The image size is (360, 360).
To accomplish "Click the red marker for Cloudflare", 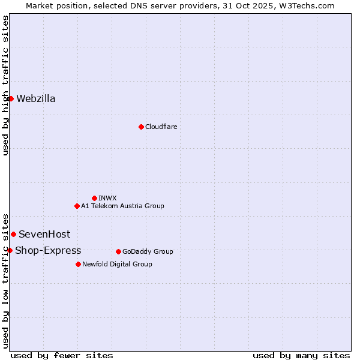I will click(x=141, y=127).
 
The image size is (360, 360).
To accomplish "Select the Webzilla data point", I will click(x=11, y=98).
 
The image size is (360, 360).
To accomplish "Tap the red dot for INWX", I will click(x=94, y=198).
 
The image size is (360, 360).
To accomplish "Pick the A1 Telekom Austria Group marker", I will click(x=77, y=206).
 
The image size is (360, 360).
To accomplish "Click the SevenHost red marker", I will click(x=13, y=234).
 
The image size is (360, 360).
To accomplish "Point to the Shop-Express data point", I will click(x=10, y=250).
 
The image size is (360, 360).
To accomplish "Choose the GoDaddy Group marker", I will click(x=118, y=251).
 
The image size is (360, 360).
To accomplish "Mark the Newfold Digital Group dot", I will click(x=78, y=264).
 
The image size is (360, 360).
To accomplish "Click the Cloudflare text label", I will click(x=161, y=127).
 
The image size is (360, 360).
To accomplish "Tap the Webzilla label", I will click(x=36, y=98).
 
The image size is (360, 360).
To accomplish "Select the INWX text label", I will click(x=107, y=198).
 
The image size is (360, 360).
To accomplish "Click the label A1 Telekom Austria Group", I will click(x=122, y=206).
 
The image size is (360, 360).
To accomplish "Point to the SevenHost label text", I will click(x=44, y=234).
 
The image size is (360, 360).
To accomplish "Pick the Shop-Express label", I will click(x=48, y=250).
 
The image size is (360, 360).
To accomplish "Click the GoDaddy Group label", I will click(x=148, y=251).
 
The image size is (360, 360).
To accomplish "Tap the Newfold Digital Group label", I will click(x=117, y=264).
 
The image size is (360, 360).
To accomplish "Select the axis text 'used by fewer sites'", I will click(x=62, y=355).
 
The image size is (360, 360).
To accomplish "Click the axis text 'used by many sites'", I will click(x=301, y=355).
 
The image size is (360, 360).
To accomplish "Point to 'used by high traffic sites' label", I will click(x=5, y=86).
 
